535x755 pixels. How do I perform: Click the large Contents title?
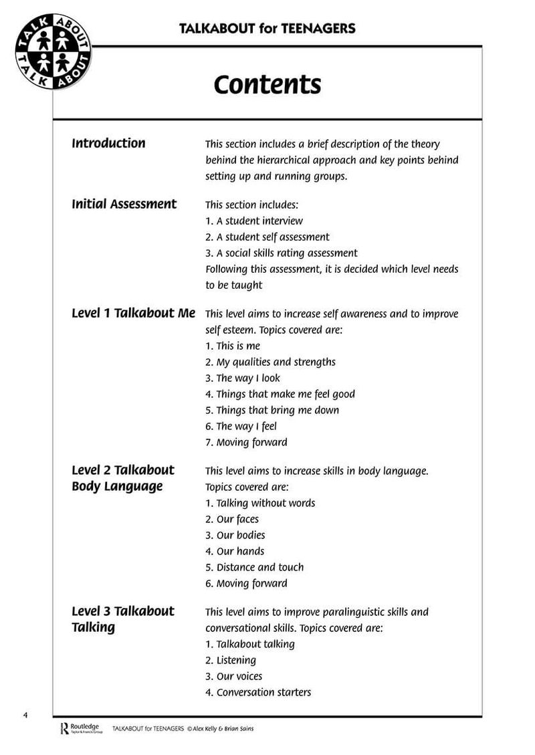pyautogui.click(x=267, y=85)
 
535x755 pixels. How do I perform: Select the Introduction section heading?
pyautogui.click(x=108, y=143)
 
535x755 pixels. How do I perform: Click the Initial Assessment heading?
pyautogui.click(x=124, y=204)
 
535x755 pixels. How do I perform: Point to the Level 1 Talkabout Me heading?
pyautogui.click(x=133, y=313)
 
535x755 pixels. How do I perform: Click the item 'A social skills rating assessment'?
pyautogui.click(x=281, y=253)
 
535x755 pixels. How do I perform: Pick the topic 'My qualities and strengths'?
pyautogui.click(x=270, y=362)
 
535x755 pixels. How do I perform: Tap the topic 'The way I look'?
pyautogui.click(x=243, y=378)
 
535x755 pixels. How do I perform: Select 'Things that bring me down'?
pyautogui.click(x=272, y=410)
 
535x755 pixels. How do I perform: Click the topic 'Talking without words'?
pyautogui.click(x=260, y=503)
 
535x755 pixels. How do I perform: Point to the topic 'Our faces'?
pyautogui.click(x=232, y=519)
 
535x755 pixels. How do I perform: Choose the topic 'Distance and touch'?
pyautogui.click(x=254, y=567)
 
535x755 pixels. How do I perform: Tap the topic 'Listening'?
pyautogui.click(x=231, y=660)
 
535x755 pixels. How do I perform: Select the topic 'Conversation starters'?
pyautogui.click(x=258, y=692)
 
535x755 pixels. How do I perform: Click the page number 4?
pyautogui.click(x=25, y=715)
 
